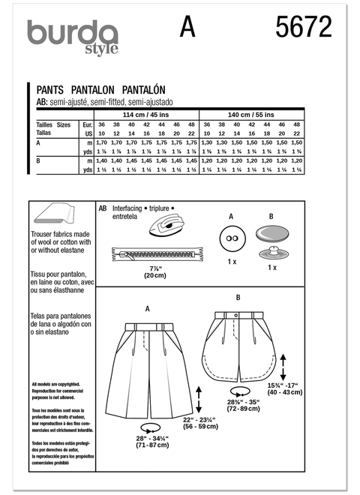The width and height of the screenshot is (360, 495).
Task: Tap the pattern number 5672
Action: [304, 28]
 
